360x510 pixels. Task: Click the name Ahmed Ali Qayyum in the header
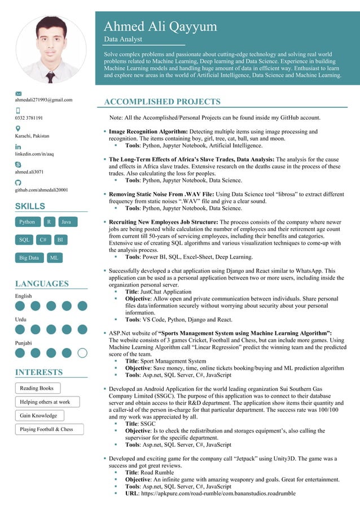tap(160, 27)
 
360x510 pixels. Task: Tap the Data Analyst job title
tap(123, 40)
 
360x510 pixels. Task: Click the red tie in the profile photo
tap(50, 76)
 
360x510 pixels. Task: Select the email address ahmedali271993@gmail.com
tap(43, 100)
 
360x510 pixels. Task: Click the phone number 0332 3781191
tap(29, 118)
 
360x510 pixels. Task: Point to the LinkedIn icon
tap(18, 146)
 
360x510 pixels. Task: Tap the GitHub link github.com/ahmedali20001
tap(41, 190)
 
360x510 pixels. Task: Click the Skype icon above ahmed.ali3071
tap(18, 164)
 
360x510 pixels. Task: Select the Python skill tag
tap(27, 223)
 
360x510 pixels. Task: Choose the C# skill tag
tap(43, 240)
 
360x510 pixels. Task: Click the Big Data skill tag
tap(29, 258)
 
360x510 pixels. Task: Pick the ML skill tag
tap(54, 258)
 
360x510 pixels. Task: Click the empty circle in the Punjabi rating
tap(82, 353)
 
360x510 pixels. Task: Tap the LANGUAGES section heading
tap(42, 284)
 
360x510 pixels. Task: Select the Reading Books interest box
tap(37, 389)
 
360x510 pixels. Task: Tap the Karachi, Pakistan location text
tap(32, 136)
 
